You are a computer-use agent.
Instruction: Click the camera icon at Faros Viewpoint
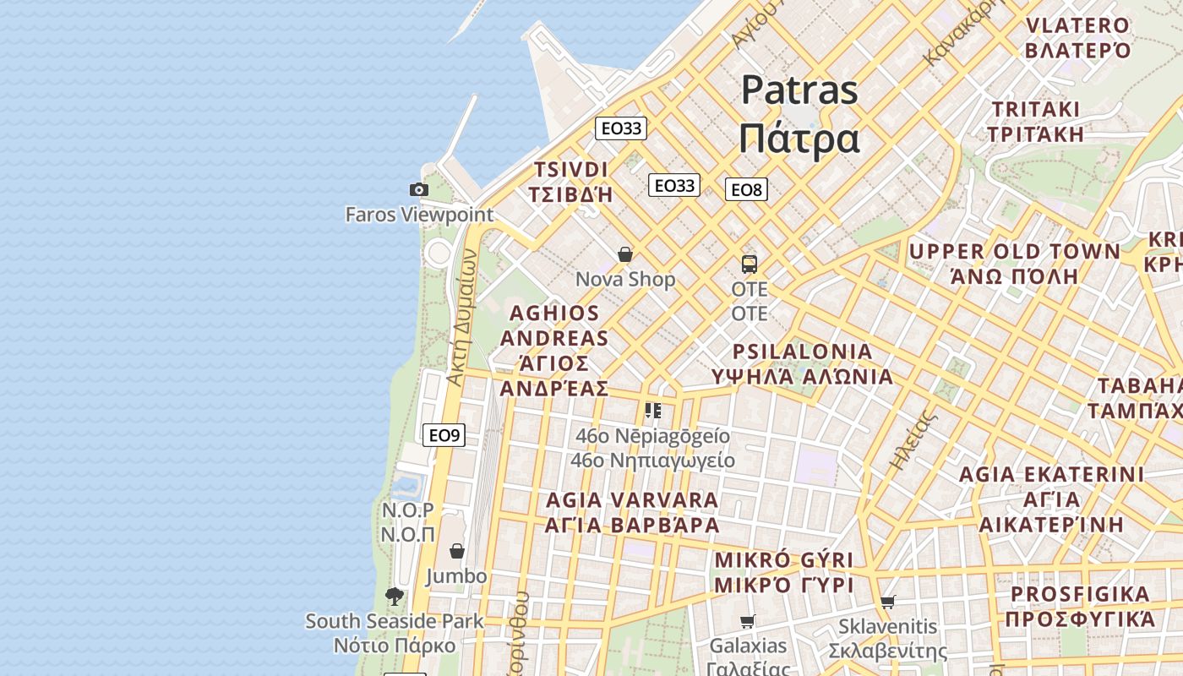[418, 190]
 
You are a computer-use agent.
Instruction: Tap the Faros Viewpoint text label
[418, 215]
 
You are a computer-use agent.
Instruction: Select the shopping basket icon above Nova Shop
[625, 254]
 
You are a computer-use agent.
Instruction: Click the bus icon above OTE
[750, 264]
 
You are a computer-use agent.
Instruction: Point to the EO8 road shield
[746, 189]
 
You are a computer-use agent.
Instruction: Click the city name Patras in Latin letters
[799, 90]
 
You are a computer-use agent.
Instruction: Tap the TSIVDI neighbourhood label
[570, 169]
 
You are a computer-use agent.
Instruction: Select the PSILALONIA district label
[802, 352]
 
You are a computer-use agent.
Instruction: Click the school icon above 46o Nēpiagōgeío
[653, 411]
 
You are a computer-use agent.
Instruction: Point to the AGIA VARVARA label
[632, 500]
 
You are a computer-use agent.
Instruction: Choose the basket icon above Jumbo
[457, 551]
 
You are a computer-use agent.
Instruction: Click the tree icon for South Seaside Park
[395, 597]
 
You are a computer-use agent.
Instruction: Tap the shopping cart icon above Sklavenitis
[887, 602]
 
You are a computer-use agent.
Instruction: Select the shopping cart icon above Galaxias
[748, 622]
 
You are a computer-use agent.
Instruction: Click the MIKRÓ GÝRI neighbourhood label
[784, 560]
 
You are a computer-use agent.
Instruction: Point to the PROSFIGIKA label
[1080, 594]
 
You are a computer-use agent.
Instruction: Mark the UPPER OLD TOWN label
[1014, 252]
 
